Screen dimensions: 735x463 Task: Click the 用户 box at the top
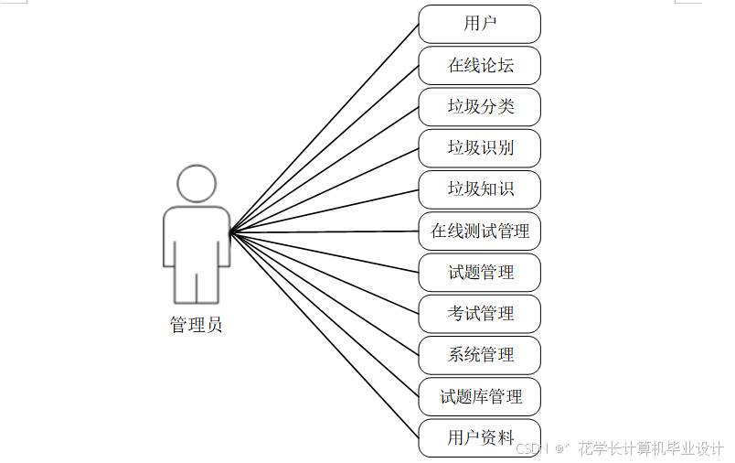tap(479, 24)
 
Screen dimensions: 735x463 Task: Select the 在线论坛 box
tap(479, 66)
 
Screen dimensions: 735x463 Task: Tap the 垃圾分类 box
tap(479, 107)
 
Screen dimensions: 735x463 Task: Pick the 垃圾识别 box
tap(479, 148)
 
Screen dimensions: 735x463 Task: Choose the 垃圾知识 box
tap(479, 189)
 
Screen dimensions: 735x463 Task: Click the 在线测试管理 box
tap(479, 231)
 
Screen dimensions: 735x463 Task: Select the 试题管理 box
tap(479, 273)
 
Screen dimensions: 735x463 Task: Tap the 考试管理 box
tap(479, 314)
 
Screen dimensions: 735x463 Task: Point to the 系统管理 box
tap(479, 355)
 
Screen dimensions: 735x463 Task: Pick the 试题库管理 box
tap(479, 396)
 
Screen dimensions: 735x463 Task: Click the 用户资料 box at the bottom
tap(479, 437)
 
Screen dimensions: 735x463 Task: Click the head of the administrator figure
tap(197, 183)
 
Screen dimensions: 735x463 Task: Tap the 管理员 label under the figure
tap(196, 325)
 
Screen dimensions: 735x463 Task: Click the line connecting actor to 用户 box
tap(325, 128)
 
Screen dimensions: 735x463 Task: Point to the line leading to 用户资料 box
tap(325, 335)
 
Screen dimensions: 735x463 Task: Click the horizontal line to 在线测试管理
tap(325, 231)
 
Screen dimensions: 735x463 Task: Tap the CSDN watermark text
tap(531, 448)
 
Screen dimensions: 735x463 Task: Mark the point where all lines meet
tap(230, 232)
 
